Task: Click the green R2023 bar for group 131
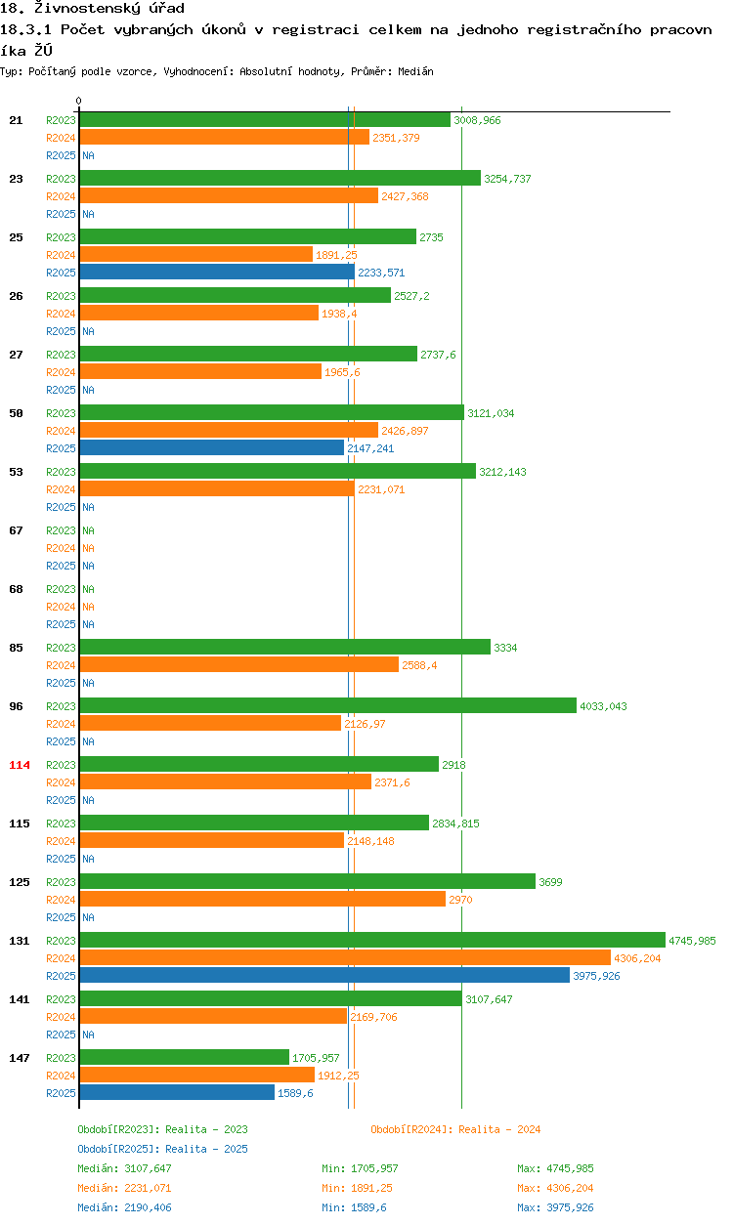[371, 940]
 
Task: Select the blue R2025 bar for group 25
[217, 272]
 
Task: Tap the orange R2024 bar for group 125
[262, 899]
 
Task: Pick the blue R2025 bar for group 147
[177, 1092]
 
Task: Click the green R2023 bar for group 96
[327, 705]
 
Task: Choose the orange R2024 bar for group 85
[238, 664]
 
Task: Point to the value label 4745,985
[692, 941]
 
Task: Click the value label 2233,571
[381, 273]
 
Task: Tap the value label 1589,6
[295, 1093]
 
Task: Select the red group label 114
[20, 765]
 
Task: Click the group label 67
[16, 530]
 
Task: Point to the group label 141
[20, 999]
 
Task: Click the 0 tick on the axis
[79, 102]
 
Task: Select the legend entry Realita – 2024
[455, 1129]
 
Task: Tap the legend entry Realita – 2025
[162, 1149]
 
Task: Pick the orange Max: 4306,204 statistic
[555, 1188]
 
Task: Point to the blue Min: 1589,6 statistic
[356, 1207]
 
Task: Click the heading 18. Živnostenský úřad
[92, 8]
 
